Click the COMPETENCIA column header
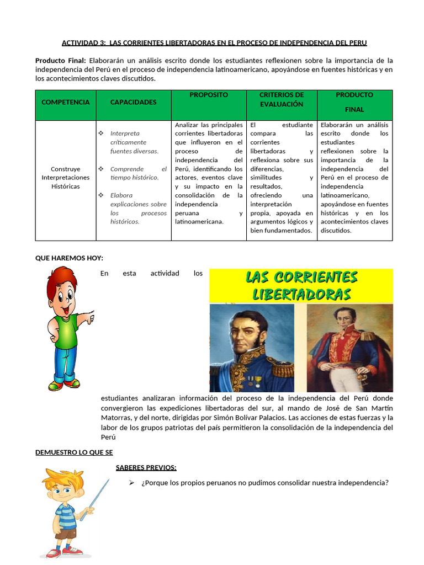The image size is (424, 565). click(65, 102)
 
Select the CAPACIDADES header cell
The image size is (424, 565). click(133, 102)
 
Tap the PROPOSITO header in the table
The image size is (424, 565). click(209, 95)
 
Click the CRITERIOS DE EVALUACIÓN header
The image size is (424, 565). click(282, 99)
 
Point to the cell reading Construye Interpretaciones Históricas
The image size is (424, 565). click(65, 178)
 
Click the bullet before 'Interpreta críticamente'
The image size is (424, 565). click(100, 134)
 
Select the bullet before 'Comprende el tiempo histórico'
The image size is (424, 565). click(100, 169)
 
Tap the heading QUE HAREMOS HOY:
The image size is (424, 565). click(69, 258)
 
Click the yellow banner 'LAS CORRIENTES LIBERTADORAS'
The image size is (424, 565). click(301, 285)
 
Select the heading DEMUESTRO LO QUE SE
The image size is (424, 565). click(74, 452)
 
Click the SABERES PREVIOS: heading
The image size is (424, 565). click(146, 468)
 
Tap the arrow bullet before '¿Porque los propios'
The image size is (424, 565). click(131, 483)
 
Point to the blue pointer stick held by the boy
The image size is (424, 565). click(99, 496)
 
